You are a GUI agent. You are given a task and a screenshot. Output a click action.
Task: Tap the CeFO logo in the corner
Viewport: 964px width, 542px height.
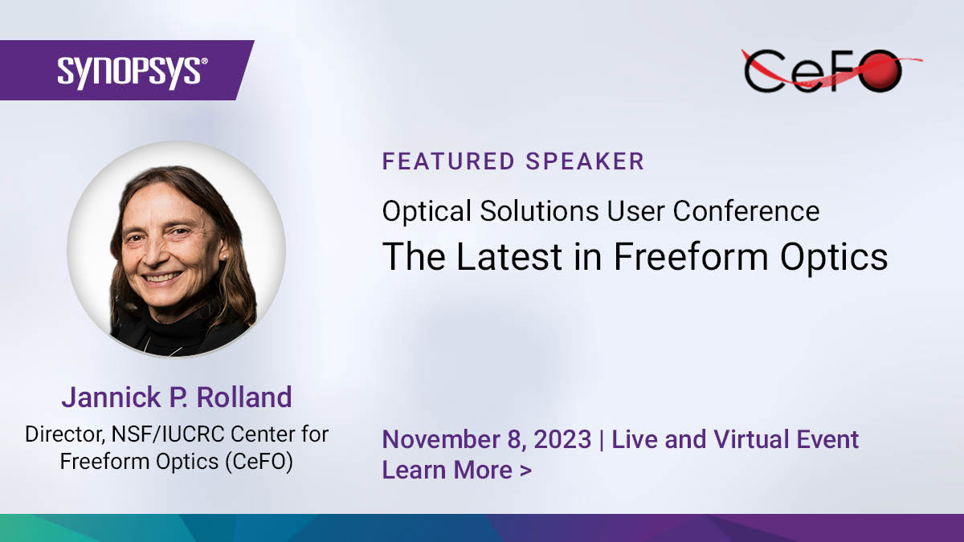point(827,70)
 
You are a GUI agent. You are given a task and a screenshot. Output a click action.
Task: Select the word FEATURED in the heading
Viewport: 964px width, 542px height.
point(448,161)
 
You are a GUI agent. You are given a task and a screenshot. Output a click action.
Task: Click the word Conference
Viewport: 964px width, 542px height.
point(746,211)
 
